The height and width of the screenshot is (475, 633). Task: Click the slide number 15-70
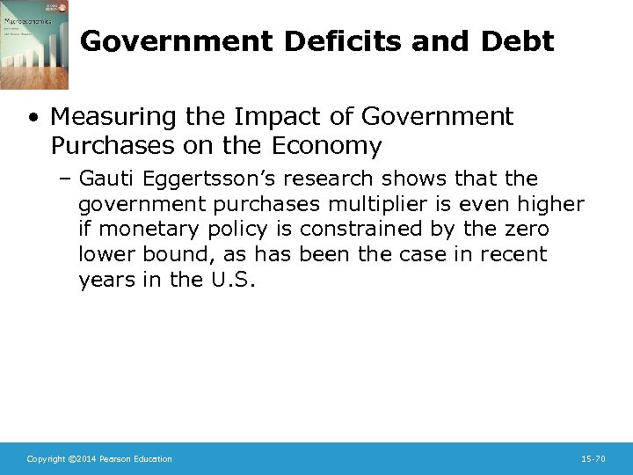[593, 459]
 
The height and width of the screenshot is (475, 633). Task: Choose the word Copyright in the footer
[45, 459]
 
